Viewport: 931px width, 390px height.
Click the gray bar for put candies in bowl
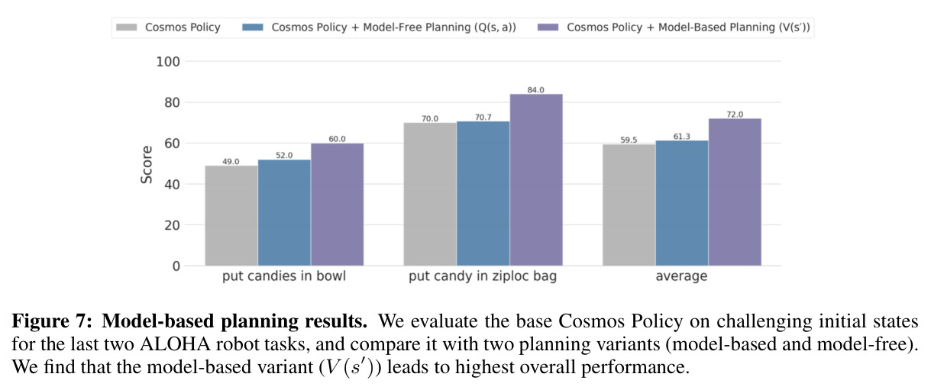point(231,215)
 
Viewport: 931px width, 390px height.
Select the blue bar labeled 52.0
point(284,213)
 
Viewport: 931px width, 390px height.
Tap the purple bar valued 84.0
point(536,180)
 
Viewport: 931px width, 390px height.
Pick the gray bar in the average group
point(629,205)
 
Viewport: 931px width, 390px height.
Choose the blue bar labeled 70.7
point(483,194)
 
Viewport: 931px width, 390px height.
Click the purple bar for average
point(735,192)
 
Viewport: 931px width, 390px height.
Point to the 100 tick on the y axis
point(168,62)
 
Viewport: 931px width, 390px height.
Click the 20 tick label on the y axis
point(172,225)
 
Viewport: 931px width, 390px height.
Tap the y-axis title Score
point(147,165)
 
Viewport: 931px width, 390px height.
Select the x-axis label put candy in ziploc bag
point(483,276)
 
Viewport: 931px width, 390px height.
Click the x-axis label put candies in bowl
point(284,276)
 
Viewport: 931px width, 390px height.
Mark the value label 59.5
point(629,140)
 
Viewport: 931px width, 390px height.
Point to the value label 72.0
point(735,114)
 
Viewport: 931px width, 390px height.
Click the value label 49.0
point(231,162)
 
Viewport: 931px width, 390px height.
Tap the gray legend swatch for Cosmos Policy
point(126,27)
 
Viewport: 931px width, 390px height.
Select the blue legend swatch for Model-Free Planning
point(253,27)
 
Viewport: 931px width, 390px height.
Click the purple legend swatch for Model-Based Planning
point(548,27)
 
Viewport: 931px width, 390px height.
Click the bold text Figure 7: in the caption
point(52,321)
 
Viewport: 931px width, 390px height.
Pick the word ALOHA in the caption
point(176,344)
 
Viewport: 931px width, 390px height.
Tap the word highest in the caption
point(483,368)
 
